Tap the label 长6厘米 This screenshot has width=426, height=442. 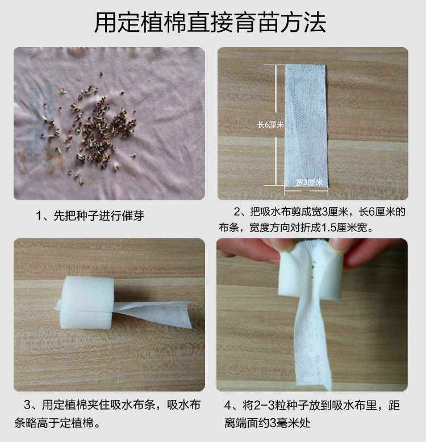[x=270, y=125]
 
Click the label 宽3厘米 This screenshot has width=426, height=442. [x=309, y=182]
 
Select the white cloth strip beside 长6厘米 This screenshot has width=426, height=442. [x=306, y=119]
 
